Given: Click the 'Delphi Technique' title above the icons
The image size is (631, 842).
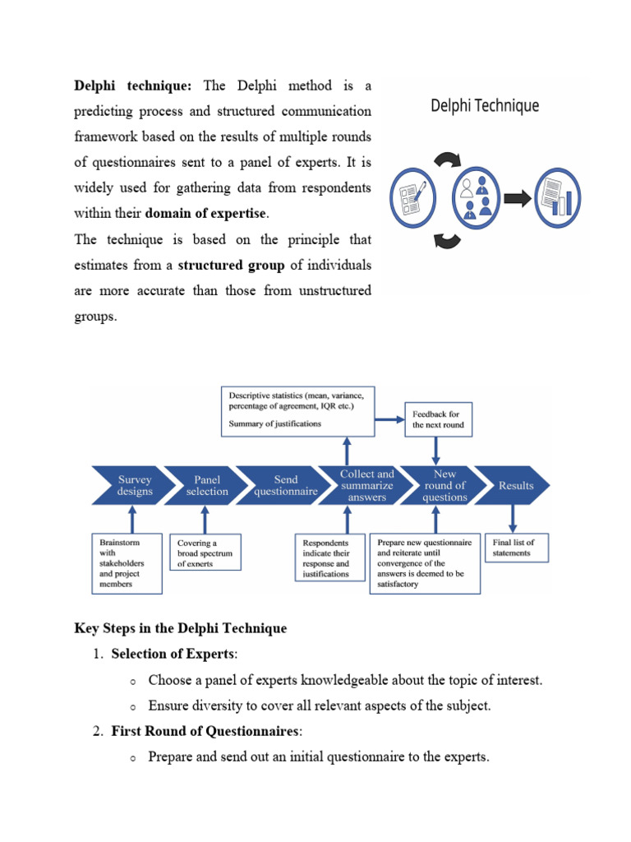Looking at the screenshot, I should (x=485, y=106).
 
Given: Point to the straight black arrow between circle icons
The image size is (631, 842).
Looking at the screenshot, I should (x=517, y=198).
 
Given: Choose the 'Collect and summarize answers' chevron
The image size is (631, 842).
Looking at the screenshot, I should (x=366, y=485).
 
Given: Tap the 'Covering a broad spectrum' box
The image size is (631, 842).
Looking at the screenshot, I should (x=205, y=553).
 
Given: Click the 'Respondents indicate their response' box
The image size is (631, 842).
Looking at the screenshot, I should (x=327, y=557).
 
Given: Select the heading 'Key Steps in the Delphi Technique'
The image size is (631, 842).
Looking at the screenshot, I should (x=181, y=628).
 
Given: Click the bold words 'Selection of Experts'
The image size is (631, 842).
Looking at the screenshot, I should (x=173, y=655).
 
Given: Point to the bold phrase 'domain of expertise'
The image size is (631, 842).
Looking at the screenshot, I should (x=205, y=214).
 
